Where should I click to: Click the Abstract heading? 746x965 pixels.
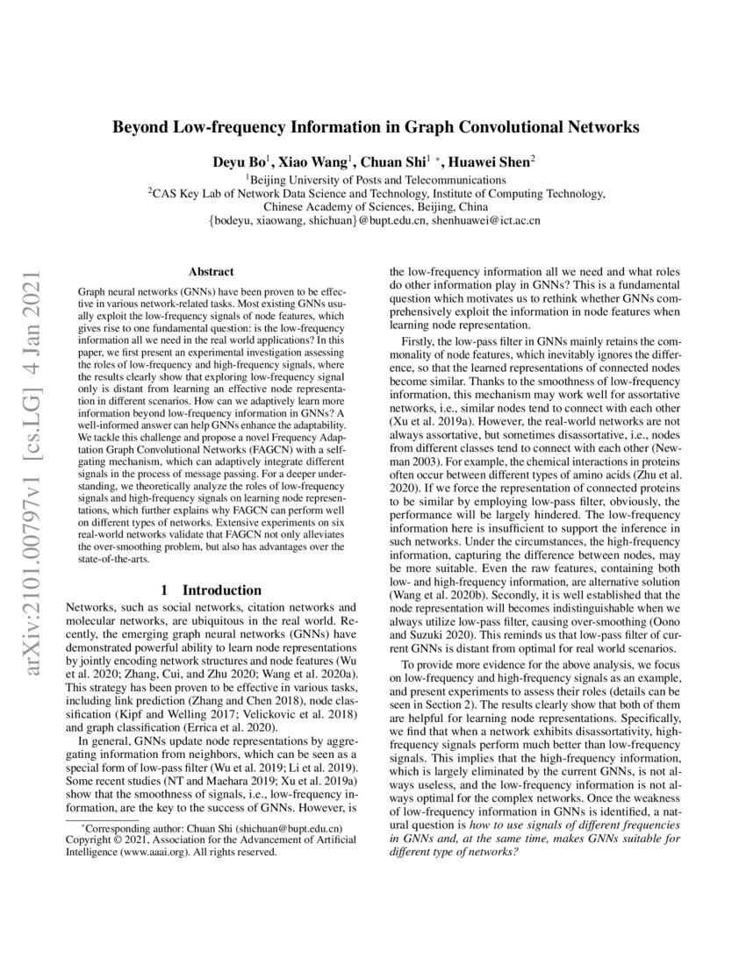pyautogui.click(x=210, y=273)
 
